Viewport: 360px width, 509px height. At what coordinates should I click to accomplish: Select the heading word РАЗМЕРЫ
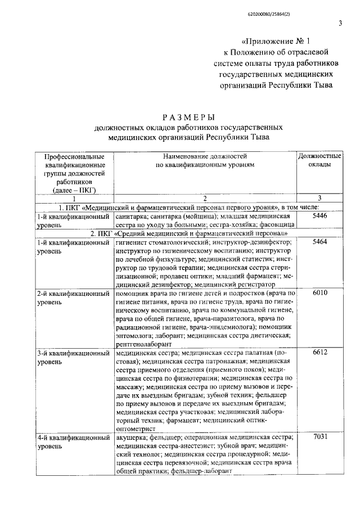[188, 118]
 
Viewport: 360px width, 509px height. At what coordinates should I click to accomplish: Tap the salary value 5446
[319, 215]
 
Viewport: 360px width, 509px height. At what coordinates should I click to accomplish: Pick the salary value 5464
[319, 241]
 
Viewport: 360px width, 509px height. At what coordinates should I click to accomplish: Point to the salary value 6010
[319, 293]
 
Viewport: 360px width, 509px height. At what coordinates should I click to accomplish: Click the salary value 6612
[319, 353]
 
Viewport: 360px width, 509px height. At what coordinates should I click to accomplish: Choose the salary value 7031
[319, 437]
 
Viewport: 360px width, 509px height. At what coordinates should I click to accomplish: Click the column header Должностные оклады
[319, 160]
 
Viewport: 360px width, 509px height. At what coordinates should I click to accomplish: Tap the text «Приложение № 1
[275, 41]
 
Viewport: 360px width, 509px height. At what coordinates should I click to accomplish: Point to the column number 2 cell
[205, 199]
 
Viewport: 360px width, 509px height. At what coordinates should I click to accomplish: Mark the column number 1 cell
[74, 199]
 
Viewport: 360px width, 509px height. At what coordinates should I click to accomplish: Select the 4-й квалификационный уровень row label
[73, 442]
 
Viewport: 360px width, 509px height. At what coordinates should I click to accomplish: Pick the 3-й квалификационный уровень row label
[73, 357]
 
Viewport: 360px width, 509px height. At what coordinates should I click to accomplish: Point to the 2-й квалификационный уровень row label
[73, 298]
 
